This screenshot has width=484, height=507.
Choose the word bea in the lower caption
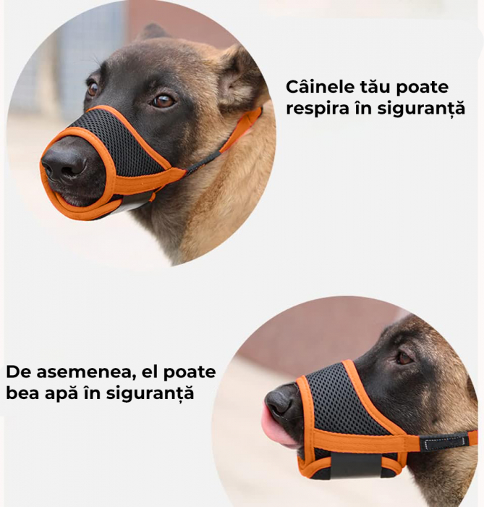[22, 393]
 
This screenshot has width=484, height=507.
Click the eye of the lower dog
[404, 358]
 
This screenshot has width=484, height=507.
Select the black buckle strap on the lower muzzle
[444, 442]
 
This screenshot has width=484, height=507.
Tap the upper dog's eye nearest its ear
[163, 101]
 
